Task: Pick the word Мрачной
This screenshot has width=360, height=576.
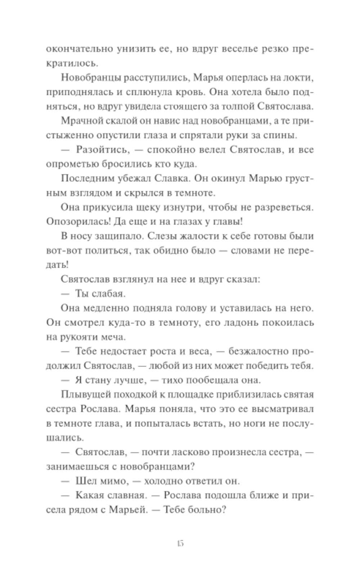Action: (x=81, y=121)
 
